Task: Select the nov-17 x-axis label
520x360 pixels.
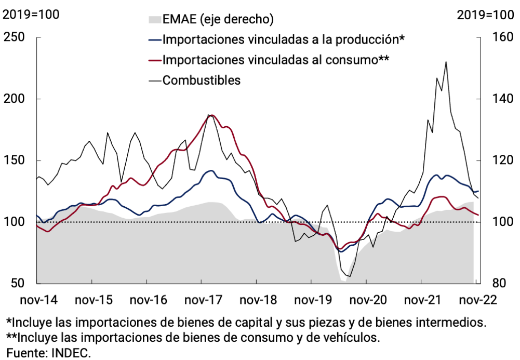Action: (201, 300)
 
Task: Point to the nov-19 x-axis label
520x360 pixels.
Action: (311, 300)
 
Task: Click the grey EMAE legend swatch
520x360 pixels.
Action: (154, 20)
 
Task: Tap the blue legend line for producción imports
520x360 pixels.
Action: (154, 39)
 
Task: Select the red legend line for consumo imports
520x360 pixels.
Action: (154, 60)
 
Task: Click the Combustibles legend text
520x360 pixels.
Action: (202, 80)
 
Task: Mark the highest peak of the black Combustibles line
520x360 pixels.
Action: (446, 62)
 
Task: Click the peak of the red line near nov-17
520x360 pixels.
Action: (212, 115)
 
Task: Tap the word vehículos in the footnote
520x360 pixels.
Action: (350, 338)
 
